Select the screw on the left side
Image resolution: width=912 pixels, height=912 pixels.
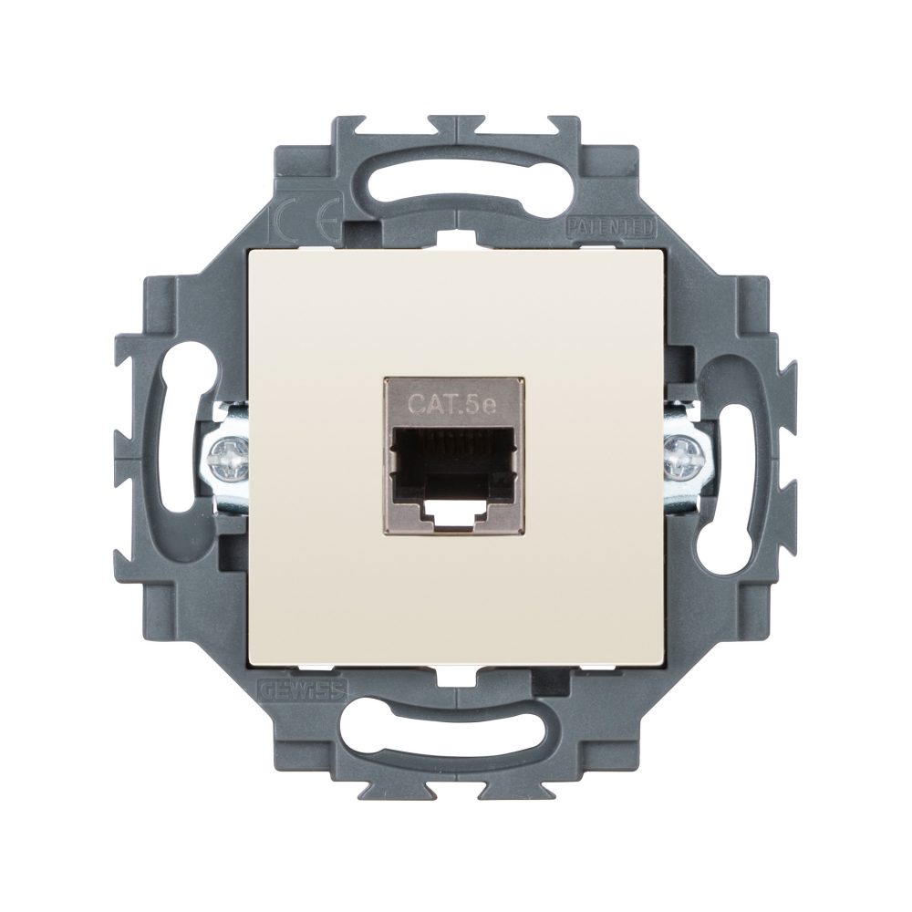pos(226,455)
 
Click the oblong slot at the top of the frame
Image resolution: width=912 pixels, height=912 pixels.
pos(456,175)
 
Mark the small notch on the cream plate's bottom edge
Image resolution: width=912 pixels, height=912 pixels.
pos(456,672)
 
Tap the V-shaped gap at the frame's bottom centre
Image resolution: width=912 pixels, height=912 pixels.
pos(456,788)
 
